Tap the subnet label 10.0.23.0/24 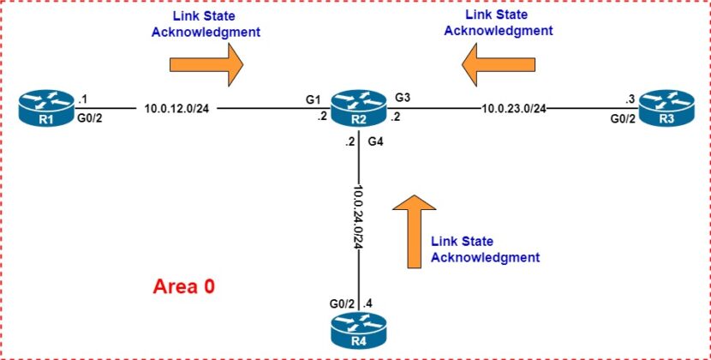514,109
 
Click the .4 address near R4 368,303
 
